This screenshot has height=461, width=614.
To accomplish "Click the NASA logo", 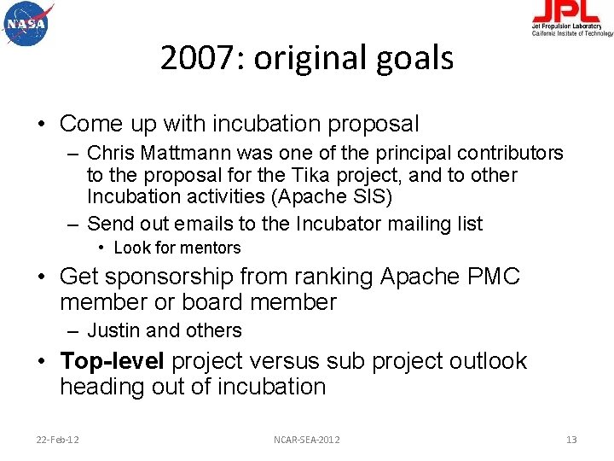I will coord(27,23).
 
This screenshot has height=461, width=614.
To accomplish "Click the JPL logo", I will coord(571,18).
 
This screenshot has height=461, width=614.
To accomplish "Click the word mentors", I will coord(211,248).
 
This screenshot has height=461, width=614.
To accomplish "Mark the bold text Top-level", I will coord(113,361).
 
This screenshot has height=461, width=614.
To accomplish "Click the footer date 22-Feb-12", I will coord(58,439).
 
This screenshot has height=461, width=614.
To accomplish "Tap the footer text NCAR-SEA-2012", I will coord(306,439).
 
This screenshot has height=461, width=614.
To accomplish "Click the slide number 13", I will coord(571,439).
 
